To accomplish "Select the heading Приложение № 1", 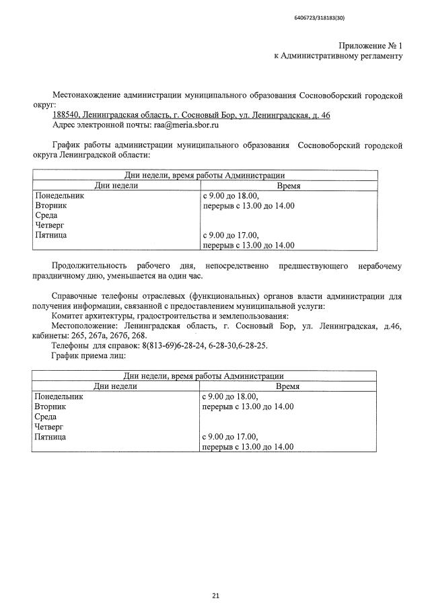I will (x=370, y=45).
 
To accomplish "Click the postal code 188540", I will (x=66, y=115).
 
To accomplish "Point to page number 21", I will (x=215, y=577).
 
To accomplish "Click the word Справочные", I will (x=75, y=296).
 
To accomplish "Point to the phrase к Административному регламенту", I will (x=338, y=56).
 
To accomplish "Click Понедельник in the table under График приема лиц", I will (x=59, y=396).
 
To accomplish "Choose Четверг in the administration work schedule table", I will (x=49, y=225).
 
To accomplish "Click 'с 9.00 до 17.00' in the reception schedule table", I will (x=229, y=437).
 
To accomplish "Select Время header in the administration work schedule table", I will (x=289, y=185).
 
